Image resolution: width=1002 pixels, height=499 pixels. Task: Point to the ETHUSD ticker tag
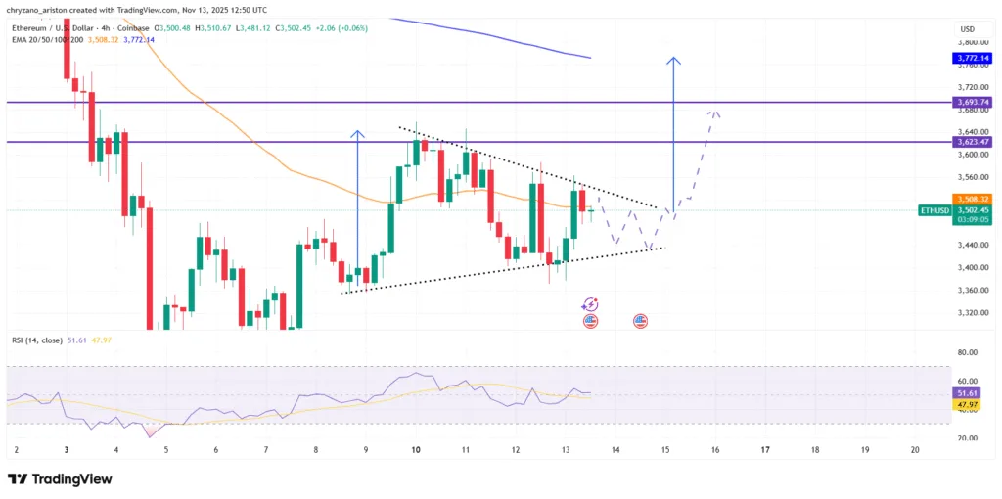coord(934,210)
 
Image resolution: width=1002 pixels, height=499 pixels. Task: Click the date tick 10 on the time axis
coord(416,450)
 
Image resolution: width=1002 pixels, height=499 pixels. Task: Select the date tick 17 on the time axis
coord(765,450)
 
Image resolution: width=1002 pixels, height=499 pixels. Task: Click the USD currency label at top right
coord(968,29)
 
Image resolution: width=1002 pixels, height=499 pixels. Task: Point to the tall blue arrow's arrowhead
coord(673,61)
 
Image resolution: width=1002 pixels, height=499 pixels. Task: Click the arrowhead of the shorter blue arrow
coord(358,133)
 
